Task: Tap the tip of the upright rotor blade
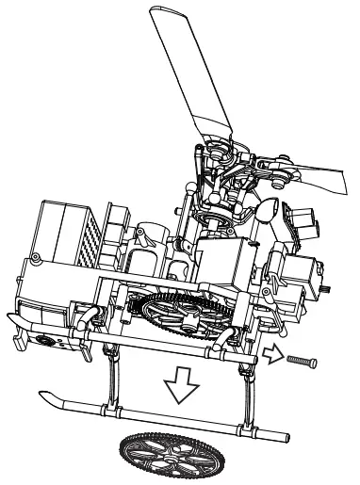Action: pos(171,13)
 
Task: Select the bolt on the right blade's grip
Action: pos(280,174)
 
